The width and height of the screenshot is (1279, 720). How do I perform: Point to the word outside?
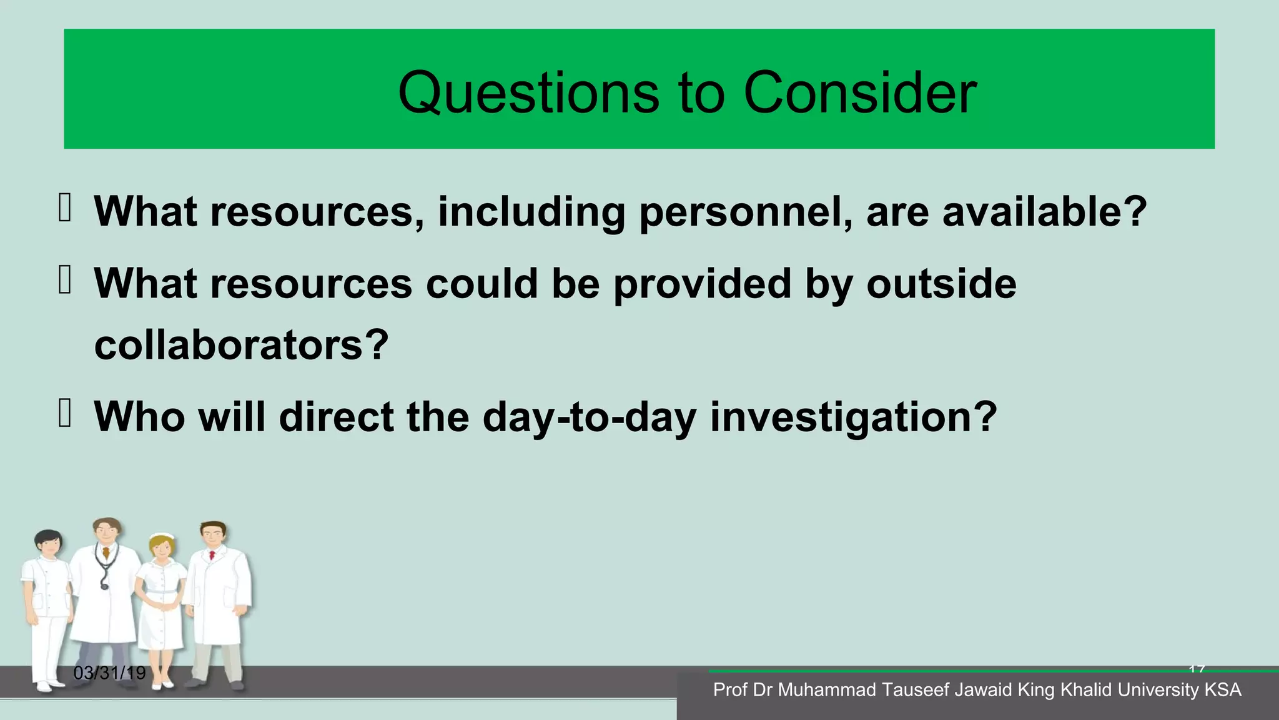[x=941, y=284]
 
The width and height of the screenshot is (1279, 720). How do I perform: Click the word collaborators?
[x=241, y=345]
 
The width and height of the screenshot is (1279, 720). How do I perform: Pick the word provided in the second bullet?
[x=702, y=285]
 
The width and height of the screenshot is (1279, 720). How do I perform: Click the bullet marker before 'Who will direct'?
[x=64, y=413]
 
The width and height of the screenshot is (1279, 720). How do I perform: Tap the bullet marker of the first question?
[x=64, y=207]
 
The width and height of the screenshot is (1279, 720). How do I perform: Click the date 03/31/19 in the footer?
[x=109, y=673]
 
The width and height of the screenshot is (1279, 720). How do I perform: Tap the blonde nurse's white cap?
[x=162, y=536]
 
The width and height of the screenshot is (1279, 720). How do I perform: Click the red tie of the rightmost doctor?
[x=212, y=555]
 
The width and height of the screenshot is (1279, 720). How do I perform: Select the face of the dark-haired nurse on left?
[x=49, y=544]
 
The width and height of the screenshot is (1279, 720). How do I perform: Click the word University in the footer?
[x=1158, y=690]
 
